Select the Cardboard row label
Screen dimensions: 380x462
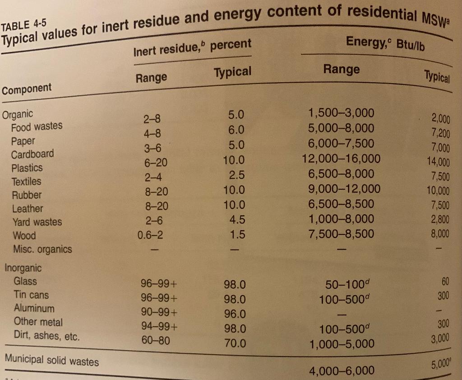[32, 154]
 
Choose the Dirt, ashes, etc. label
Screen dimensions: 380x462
[46, 336]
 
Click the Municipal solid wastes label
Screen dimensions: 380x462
[52, 361]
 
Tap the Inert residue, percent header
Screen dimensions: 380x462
[193, 47]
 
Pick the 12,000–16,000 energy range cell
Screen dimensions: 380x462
[341, 159]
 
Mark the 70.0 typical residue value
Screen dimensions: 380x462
[235, 343]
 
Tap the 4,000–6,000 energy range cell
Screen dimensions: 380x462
[342, 371]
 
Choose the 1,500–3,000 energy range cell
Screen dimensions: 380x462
[341, 113]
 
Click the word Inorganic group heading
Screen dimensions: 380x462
[23, 268]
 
